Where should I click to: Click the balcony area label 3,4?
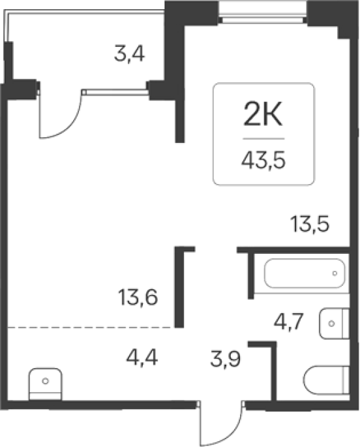(x=130, y=54)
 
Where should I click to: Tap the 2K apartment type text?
(x=263, y=114)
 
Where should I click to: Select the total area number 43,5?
(x=263, y=161)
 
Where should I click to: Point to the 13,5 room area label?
(x=310, y=224)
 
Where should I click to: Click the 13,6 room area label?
(x=138, y=298)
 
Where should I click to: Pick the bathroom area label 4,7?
(x=288, y=322)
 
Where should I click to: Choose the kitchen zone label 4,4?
(x=142, y=358)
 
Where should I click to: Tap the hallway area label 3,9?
(x=226, y=359)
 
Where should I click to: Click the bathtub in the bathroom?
(x=305, y=273)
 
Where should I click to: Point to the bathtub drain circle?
(x=335, y=273)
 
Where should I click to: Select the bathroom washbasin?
(x=335, y=324)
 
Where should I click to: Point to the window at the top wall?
(x=263, y=12)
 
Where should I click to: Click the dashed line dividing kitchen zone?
(x=91, y=328)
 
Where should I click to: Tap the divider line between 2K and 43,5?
(x=263, y=139)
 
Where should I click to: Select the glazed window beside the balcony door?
(x=115, y=92)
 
